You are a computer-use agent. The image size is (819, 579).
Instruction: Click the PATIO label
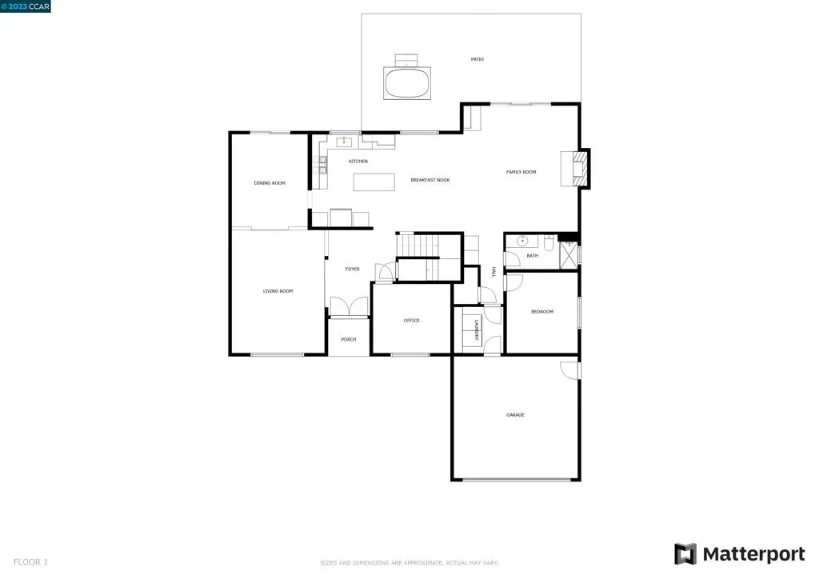pos(477,59)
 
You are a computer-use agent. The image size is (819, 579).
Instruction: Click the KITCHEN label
pos(358,162)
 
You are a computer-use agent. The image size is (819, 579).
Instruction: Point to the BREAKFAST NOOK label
pos(430,180)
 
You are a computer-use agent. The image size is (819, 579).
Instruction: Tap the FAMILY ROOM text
pos(521,172)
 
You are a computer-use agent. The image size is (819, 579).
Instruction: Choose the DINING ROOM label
pos(270,183)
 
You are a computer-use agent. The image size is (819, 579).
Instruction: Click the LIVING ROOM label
pos(278,291)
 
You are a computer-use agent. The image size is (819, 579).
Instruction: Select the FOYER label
pos(352,269)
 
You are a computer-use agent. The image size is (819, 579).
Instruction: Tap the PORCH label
pos(349,339)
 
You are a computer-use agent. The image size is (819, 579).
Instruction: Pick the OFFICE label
pos(411,321)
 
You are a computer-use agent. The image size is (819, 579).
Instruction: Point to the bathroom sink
pos(522,240)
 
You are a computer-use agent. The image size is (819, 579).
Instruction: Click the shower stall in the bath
pos(568,254)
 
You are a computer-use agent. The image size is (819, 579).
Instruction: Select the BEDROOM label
pos(541,311)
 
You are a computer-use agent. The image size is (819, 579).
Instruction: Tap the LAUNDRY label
pos(476,329)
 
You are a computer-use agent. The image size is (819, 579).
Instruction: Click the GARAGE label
pos(515,414)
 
